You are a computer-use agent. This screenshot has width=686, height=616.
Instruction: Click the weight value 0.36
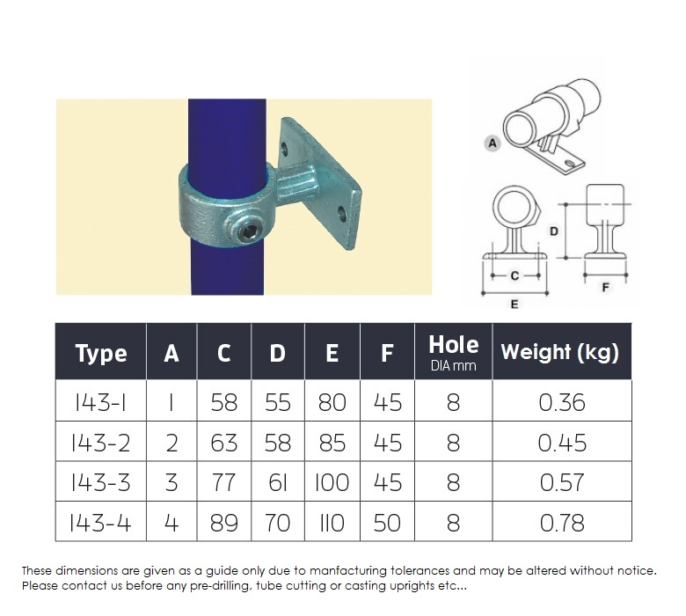point(561,402)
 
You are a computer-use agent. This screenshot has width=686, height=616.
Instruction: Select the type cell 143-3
point(101,483)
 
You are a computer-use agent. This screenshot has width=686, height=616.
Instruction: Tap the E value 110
point(332,524)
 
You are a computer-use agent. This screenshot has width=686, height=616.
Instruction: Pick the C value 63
point(224,443)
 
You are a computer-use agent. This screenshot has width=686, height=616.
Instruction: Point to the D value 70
point(278,524)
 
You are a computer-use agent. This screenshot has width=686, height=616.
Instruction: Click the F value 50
point(387,524)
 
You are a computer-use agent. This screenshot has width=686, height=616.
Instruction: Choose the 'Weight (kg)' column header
point(560,353)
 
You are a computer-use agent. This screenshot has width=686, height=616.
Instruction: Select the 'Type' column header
point(101,354)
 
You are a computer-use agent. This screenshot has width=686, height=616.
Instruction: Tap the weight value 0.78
point(561,524)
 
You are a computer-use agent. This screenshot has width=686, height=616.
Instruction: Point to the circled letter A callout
point(493,141)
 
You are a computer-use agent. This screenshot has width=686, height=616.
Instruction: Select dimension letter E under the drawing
point(514,304)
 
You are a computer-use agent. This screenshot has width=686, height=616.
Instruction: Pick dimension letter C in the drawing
point(514,275)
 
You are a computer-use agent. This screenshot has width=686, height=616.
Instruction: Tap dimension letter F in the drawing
point(605,287)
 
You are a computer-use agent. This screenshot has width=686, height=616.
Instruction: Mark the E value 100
point(332,483)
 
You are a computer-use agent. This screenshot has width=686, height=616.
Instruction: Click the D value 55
point(278,402)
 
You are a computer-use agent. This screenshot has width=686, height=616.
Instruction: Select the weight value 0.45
point(561,443)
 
